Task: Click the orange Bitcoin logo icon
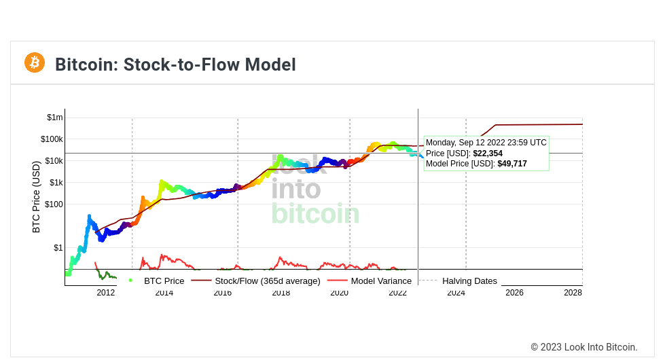coord(35,62)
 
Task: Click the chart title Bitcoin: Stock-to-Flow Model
coord(175,65)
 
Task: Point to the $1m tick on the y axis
coord(54,118)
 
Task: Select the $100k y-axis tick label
coord(52,139)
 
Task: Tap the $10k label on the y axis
coord(53,161)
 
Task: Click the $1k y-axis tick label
coord(56,183)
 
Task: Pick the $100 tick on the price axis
coord(54,204)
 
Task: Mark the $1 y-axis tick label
coord(58,248)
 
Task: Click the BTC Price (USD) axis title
coord(37,197)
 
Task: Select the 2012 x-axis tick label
coord(106,293)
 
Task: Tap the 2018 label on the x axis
coord(281,293)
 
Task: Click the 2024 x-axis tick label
coord(456,293)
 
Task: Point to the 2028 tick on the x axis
coord(573,293)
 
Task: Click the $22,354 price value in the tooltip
coord(488,154)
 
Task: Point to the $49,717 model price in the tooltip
coord(512,164)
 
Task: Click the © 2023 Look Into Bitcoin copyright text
coord(583,347)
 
